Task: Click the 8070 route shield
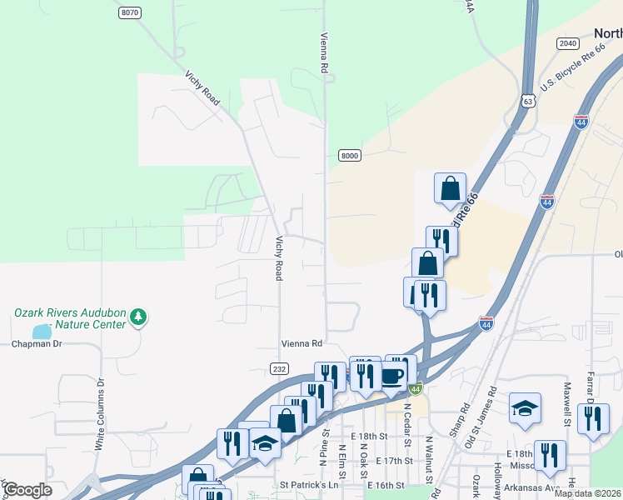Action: coord(130,12)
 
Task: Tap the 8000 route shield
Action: coord(350,156)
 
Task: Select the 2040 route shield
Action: coord(568,43)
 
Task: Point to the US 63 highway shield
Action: coord(527,101)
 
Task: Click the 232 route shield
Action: coord(279,367)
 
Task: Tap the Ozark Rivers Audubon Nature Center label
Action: coord(69,319)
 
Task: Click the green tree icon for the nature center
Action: coord(138,317)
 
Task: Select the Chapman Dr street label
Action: coord(37,343)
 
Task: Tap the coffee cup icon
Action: coord(392,377)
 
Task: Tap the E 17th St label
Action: coord(395,460)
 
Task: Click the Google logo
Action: coord(27,489)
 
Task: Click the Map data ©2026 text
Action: coord(588,493)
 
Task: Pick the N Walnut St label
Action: coord(429,459)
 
